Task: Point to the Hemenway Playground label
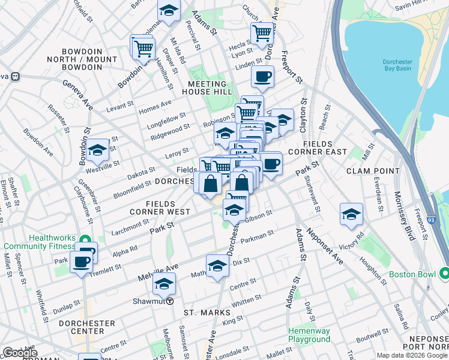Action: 309,335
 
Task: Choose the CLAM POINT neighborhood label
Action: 372,171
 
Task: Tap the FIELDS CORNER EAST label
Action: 317,148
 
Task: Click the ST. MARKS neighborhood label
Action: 207,313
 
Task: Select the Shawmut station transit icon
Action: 170,302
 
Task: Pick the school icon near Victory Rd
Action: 351,214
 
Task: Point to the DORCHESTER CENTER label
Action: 87,327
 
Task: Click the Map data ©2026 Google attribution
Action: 412,355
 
